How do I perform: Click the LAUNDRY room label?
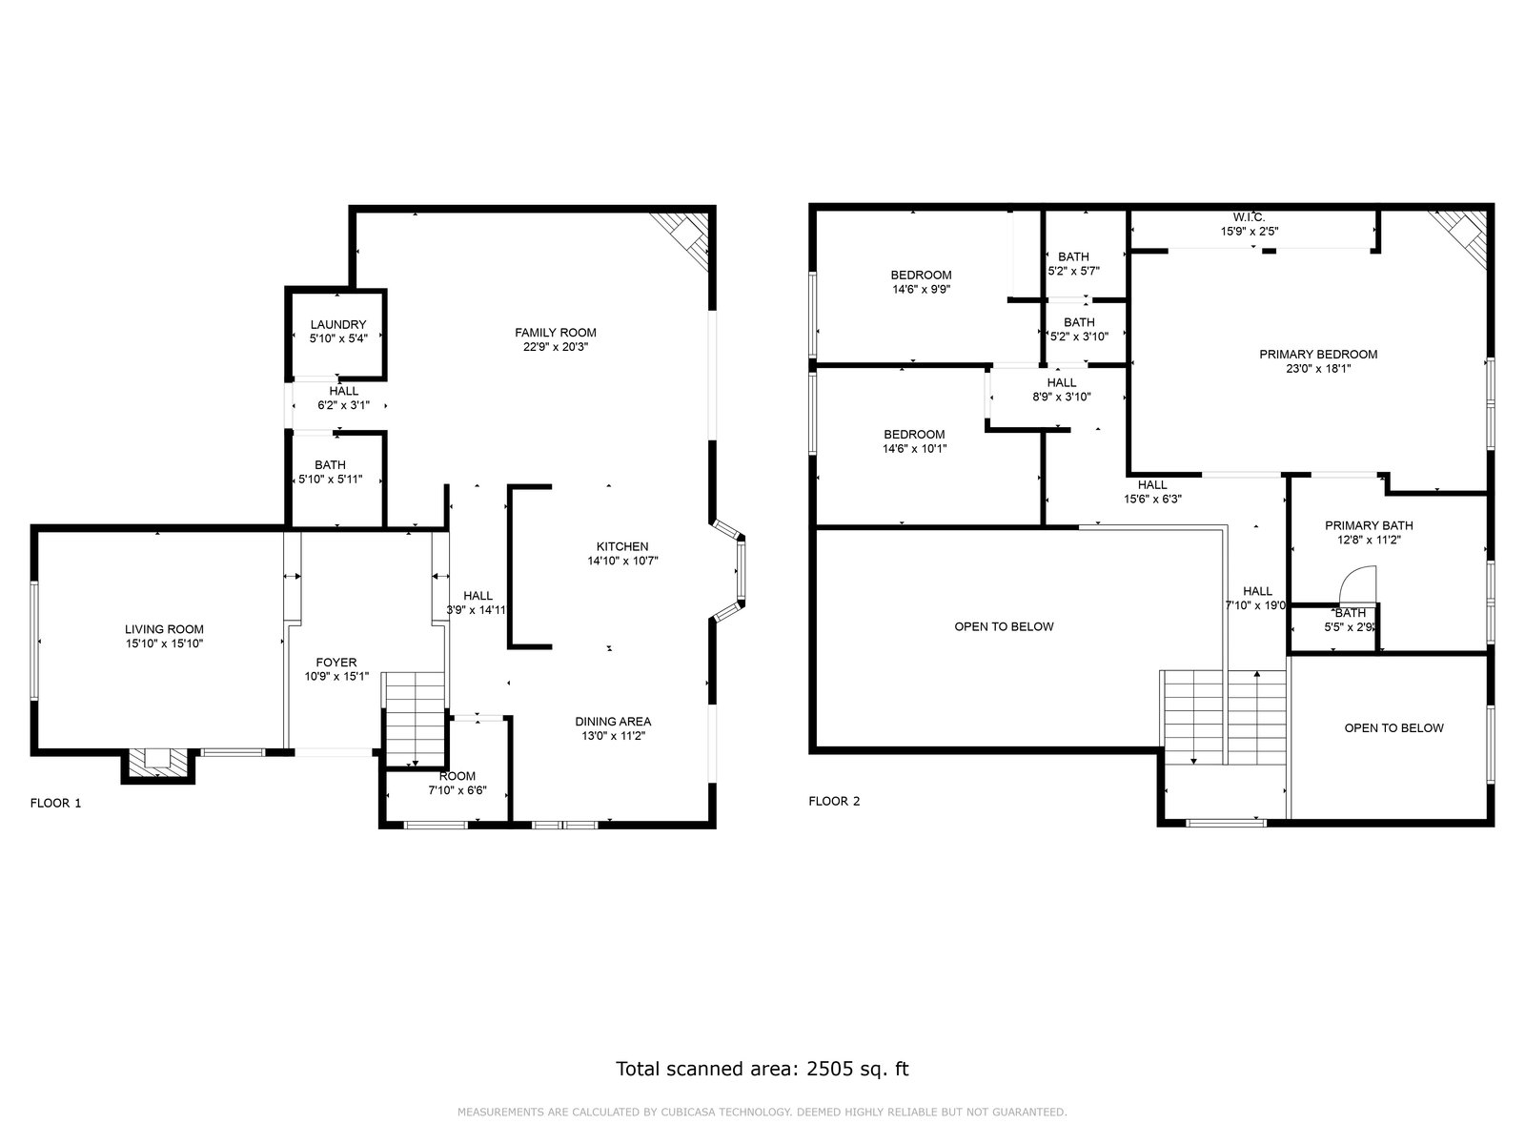click(x=337, y=324)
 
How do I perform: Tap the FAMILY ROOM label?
click(x=555, y=333)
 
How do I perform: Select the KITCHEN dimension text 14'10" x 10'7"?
click(x=622, y=561)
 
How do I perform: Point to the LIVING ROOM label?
click(x=164, y=629)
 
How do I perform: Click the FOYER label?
click(x=336, y=663)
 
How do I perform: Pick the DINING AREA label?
click(x=613, y=722)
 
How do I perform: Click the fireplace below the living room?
click(x=157, y=766)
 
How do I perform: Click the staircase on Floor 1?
click(x=414, y=719)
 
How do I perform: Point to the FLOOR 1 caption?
click(x=55, y=803)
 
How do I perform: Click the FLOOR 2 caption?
click(x=834, y=801)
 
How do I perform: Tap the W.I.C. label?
click(x=1250, y=217)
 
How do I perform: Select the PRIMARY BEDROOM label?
click(x=1318, y=355)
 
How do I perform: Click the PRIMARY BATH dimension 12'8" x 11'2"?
click(x=1368, y=540)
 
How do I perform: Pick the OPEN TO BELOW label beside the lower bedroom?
click(x=1004, y=626)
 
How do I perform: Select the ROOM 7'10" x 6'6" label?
click(x=457, y=783)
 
